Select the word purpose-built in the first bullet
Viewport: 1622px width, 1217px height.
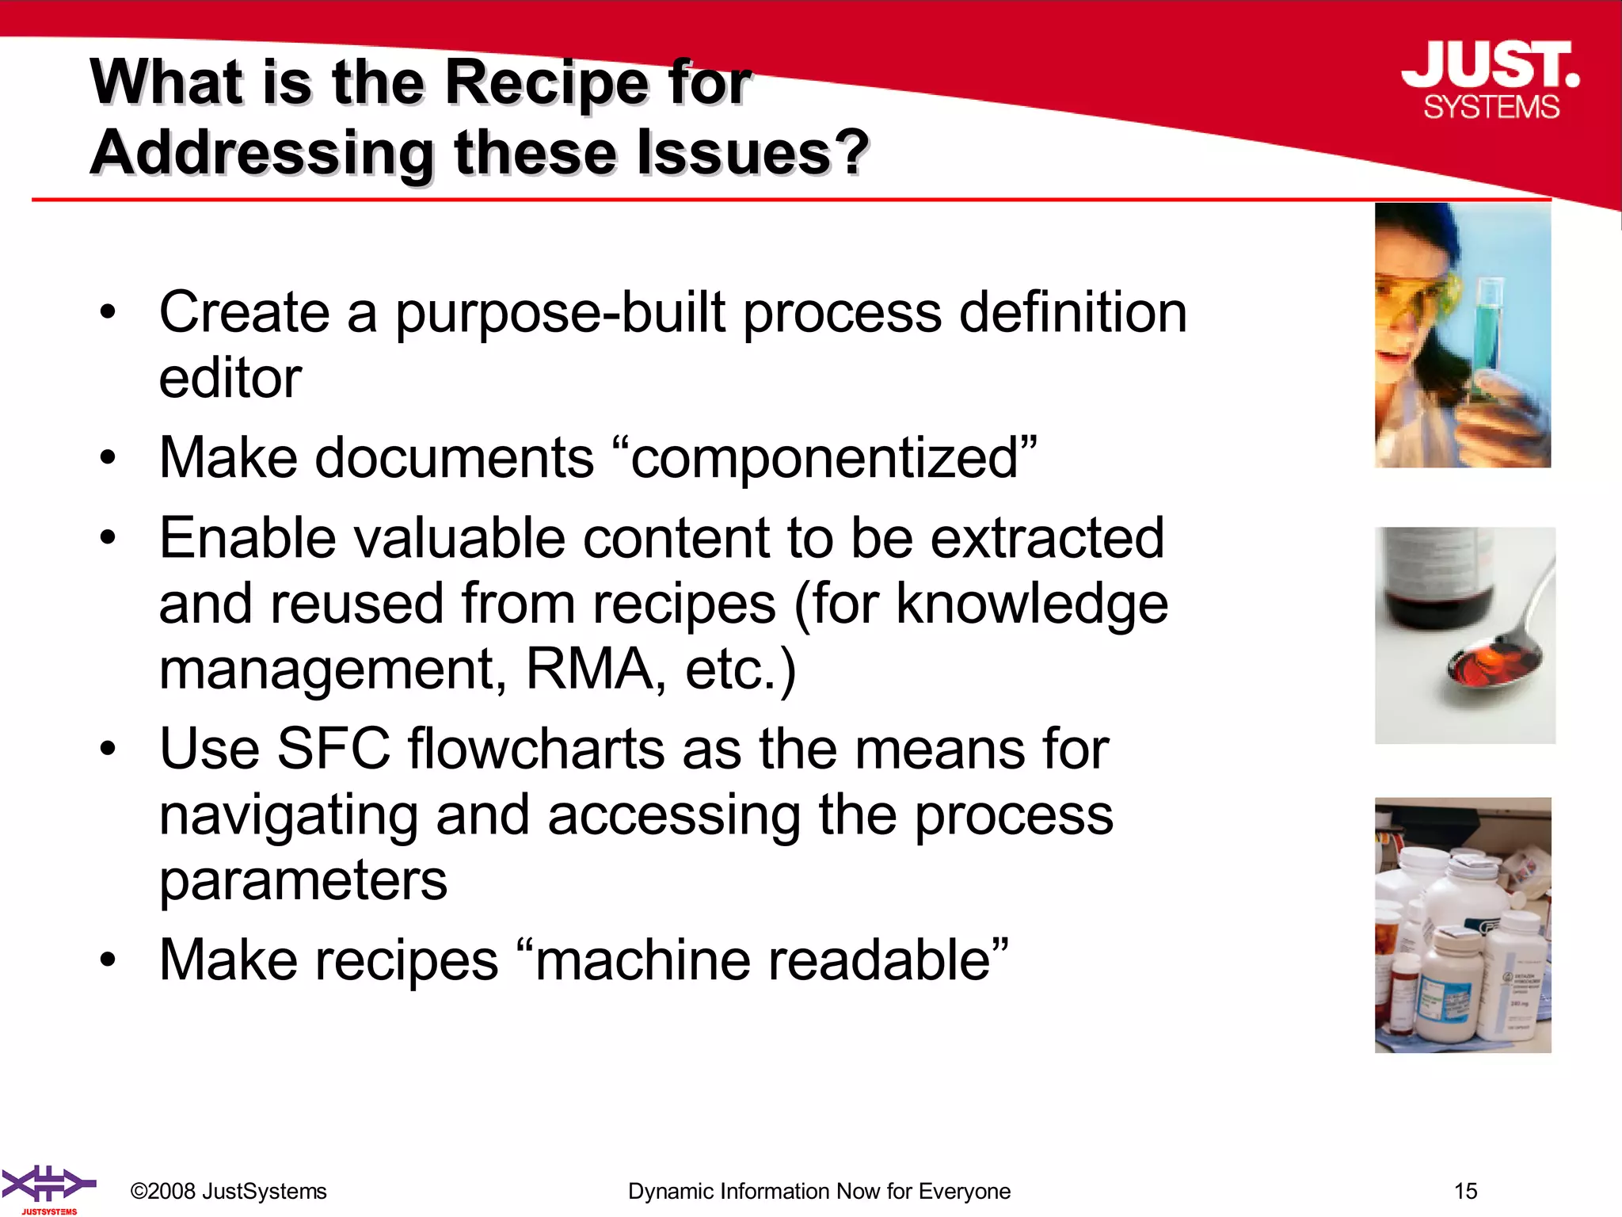pyautogui.click(x=560, y=314)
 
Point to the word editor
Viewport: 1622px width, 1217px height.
pyautogui.click(x=230, y=378)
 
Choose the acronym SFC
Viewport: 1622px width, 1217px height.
pyautogui.click(x=333, y=749)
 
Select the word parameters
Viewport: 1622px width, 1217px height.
pyautogui.click(x=303, y=880)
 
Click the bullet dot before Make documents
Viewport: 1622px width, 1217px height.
pyautogui.click(x=108, y=458)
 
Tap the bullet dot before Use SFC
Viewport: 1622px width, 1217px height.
pyautogui.click(x=108, y=749)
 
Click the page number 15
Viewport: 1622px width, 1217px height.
pyautogui.click(x=1465, y=1191)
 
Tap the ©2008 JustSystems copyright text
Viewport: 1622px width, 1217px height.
pyautogui.click(x=228, y=1191)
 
